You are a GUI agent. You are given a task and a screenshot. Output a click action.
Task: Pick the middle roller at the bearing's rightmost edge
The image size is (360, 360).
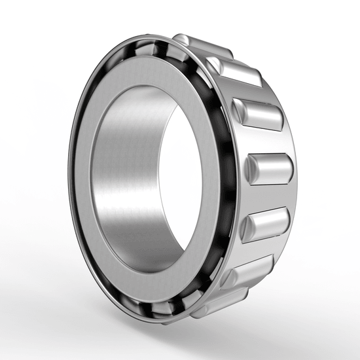pyautogui.click(x=268, y=168)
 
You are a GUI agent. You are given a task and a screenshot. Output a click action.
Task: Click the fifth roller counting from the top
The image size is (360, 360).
pyautogui.click(x=265, y=223)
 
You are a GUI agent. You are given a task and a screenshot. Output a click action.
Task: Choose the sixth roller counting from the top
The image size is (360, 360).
pyautogui.click(x=247, y=270)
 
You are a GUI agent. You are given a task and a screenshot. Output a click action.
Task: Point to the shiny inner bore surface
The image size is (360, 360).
pyautogui.click(x=124, y=177)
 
